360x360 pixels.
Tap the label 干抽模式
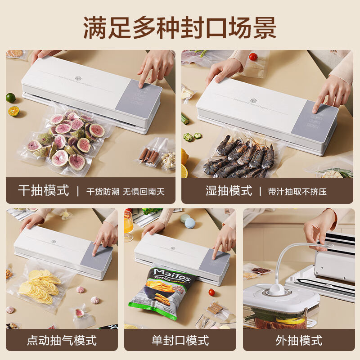click(x=44, y=191)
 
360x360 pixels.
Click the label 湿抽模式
click(x=229, y=191)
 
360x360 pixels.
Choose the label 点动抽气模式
click(x=62, y=340)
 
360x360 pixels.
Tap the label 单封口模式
click(x=180, y=340)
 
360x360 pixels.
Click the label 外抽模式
click(x=299, y=340)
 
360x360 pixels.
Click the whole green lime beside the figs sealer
click(x=10, y=98)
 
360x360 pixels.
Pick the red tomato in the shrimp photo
click(x=253, y=57)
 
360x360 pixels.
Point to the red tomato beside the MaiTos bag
click(x=211, y=292)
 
